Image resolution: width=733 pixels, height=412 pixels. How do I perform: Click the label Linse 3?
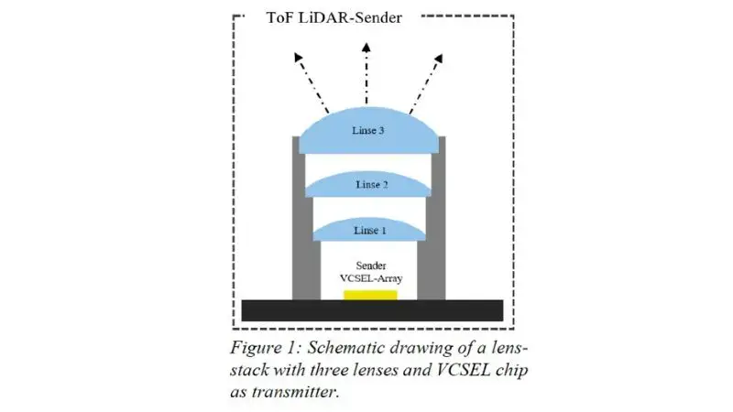pos(367,131)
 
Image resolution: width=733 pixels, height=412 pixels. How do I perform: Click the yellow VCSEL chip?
pos(370,295)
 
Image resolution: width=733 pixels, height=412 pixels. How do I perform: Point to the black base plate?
pos(371,309)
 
